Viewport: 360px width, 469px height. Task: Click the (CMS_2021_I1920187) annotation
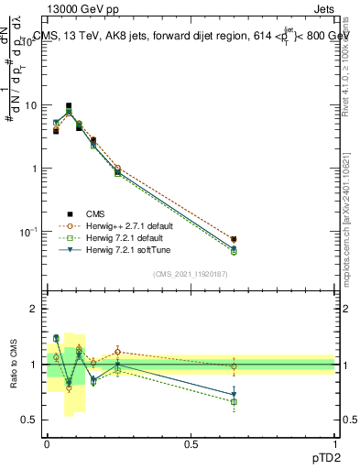tap(191, 274)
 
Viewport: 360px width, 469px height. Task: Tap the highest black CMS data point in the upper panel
tap(69, 106)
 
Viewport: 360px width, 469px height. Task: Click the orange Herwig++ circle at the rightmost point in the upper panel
tap(234, 240)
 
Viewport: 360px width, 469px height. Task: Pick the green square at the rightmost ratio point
tap(234, 401)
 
